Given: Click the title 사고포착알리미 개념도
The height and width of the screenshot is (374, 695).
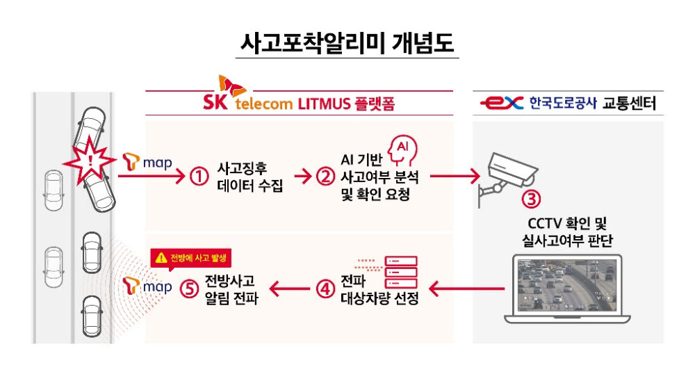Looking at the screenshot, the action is click(x=347, y=43).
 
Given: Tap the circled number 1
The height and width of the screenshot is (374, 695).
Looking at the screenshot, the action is click(x=199, y=177).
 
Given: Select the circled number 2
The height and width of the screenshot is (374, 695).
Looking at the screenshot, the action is click(x=325, y=177).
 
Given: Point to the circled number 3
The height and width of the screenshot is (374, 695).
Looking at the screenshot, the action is click(x=531, y=199).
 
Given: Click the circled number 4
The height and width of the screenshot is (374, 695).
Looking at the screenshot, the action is click(x=325, y=289).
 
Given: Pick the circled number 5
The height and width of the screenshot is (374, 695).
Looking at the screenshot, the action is click(x=189, y=289).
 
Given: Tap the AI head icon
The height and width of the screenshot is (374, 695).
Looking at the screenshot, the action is click(x=402, y=151).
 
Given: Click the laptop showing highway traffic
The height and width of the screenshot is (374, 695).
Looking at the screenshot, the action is click(x=567, y=289).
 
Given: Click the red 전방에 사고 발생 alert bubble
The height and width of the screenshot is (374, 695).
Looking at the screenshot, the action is click(x=191, y=259).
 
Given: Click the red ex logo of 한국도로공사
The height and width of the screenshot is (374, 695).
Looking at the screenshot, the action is click(x=502, y=104).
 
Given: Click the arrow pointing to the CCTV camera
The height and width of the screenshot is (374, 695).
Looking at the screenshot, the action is click(x=455, y=176).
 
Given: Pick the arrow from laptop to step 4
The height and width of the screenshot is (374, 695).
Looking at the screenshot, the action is click(x=467, y=289).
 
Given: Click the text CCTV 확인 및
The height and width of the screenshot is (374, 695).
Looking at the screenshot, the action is click(x=567, y=223).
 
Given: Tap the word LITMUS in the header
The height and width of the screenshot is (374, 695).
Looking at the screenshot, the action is click(x=324, y=104).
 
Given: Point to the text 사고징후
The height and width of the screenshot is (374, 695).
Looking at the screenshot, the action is click(x=242, y=168).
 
